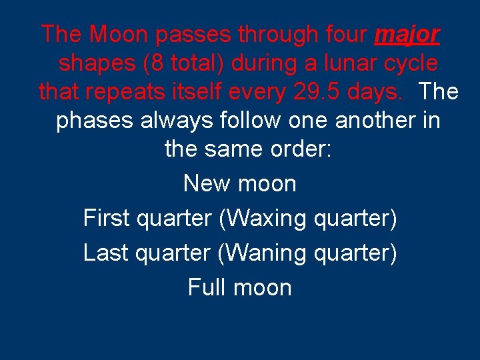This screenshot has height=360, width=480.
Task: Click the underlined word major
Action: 407,34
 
